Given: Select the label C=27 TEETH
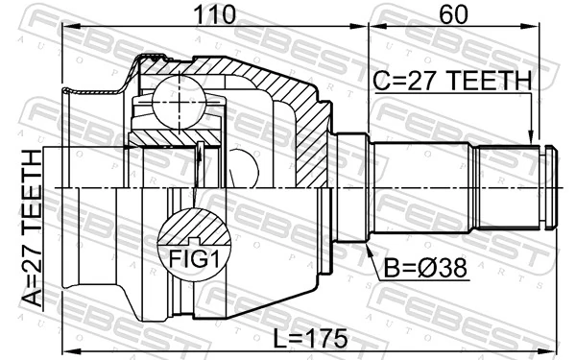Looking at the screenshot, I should [449, 83].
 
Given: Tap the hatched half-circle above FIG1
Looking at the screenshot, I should [195, 226].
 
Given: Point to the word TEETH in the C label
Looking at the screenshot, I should [490, 83].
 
